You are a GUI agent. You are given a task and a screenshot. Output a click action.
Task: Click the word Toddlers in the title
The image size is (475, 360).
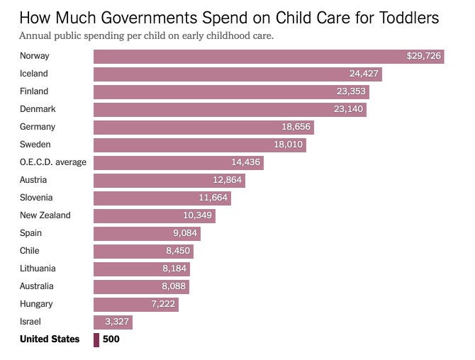(409, 18)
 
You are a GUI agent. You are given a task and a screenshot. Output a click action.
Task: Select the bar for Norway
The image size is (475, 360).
(269, 57)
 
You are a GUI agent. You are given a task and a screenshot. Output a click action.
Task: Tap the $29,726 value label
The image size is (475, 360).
(423, 56)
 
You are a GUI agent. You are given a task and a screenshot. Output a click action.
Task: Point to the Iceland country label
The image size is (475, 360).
(33, 74)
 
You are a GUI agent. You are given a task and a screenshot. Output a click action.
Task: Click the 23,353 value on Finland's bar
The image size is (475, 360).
(351, 91)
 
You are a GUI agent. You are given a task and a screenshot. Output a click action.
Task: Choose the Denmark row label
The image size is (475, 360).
(38, 109)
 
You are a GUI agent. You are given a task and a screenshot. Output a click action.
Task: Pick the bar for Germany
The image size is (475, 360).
(203, 128)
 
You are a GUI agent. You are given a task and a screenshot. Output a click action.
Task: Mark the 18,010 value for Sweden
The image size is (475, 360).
(288, 145)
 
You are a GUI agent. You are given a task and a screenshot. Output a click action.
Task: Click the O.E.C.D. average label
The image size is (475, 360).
(53, 162)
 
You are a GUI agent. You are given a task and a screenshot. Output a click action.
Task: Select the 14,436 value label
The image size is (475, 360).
(246, 162)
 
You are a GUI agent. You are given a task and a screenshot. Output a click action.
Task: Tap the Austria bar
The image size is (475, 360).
(169, 181)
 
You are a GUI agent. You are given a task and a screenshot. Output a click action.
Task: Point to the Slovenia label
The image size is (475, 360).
(36, 198)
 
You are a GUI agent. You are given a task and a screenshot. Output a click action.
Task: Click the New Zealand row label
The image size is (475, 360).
(45, 215)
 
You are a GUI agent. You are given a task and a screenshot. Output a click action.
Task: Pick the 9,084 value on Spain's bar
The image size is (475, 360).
(185, 233)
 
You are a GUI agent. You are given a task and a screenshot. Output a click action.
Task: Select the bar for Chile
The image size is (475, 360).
(143, 252)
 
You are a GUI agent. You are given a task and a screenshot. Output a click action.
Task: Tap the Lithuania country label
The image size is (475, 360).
(38, 269)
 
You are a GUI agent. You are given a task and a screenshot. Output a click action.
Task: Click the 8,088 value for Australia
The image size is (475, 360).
(174, 286)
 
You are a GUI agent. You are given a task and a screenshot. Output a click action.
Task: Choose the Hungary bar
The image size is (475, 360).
(136, 305)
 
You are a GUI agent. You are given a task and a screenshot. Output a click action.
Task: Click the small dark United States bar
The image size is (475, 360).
(96, 340)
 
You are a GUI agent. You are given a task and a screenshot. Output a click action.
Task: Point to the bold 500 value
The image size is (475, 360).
(111, 339)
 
